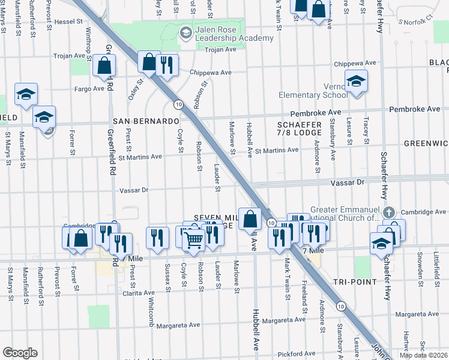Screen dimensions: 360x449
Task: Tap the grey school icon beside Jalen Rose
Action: (185, 31)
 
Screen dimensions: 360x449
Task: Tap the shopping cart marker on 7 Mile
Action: (194, 240)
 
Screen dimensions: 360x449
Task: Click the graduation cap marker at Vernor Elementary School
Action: (356, 81)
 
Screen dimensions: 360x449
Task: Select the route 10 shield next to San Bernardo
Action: (178, 104)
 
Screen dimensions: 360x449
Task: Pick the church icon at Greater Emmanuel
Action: (389, 212)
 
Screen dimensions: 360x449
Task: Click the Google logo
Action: (20, 353)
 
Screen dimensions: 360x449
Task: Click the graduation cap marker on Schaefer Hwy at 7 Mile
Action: (381, 244)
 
